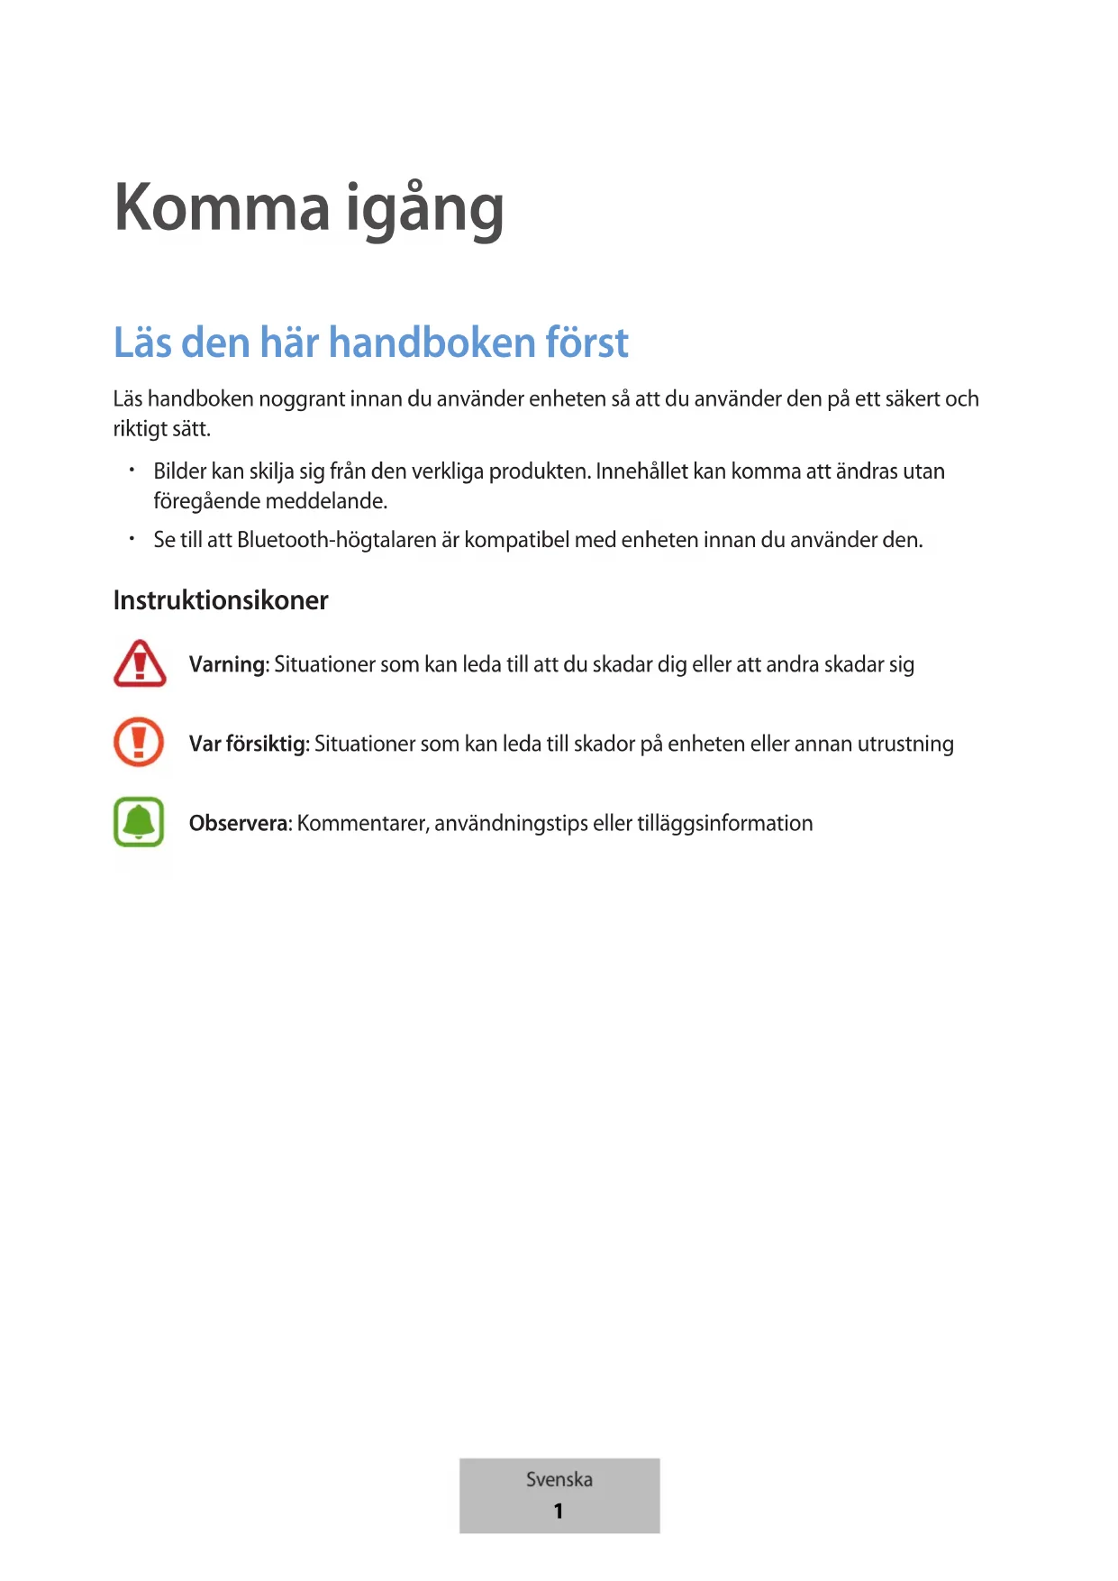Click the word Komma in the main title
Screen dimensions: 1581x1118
(x=222, y=208)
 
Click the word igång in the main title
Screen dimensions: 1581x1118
(x=424, y=210)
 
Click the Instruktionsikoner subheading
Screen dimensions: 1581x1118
(x=221, y=600)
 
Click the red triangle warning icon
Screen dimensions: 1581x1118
(x=140, y=663)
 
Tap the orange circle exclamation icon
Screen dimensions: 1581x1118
(x=139, y=742)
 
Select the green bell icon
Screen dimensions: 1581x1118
(x=139, y=821)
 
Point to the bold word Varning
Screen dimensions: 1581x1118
(x=227, y=665)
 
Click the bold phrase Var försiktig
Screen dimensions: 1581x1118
(x=248, y=745)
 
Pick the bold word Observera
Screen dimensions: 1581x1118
(x=239, y=824)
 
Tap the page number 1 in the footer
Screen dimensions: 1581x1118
(x=559, y=1511)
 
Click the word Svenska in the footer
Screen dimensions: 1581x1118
(x=559, y=1479)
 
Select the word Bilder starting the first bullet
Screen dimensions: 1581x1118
(x=180, y=471)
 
